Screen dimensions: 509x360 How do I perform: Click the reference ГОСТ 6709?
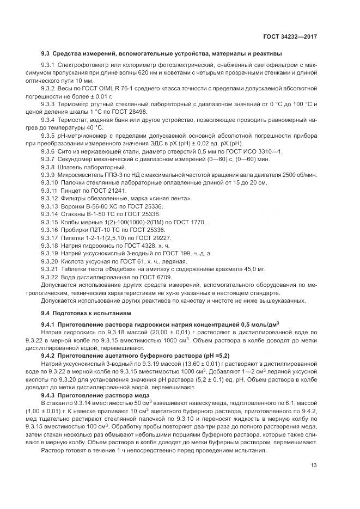pyautogui.click(x=142, y=277)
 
